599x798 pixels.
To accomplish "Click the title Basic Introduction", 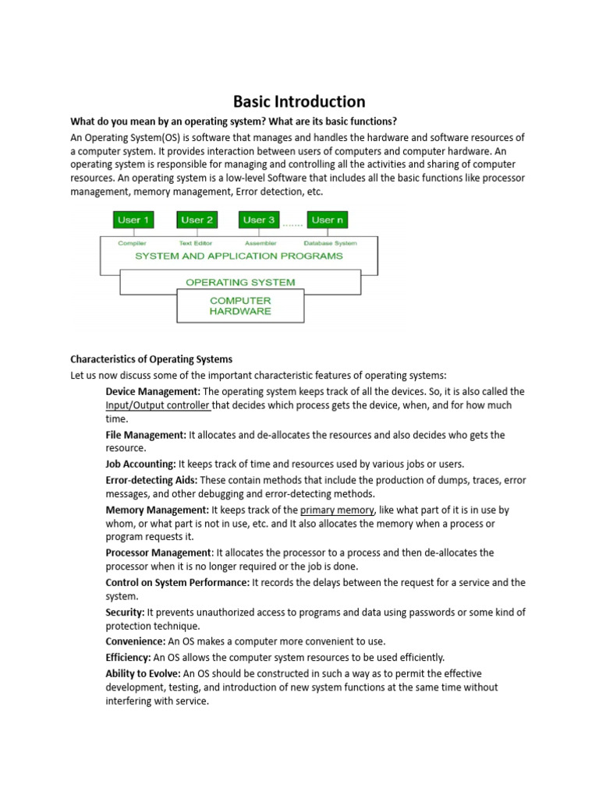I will [x=299, y=101].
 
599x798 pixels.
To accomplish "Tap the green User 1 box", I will [x=133, y=220].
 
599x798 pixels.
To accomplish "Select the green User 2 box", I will [x=197, y=220].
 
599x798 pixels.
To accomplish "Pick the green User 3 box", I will [x=259, y=220].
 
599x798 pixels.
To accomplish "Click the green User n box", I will [x=327, y=220].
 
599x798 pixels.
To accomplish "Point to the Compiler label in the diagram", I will [x=132, y=243].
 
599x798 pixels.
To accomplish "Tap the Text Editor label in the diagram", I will [x=195, y=243].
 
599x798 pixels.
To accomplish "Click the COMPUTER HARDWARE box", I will [x=240, y=305].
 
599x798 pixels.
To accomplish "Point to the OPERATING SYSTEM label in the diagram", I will [x=240, y=281].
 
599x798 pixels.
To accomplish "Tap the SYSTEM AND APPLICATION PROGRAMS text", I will [x=239, y=256].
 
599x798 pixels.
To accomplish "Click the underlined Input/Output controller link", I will [x=158, y=405].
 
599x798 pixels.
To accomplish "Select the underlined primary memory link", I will [x=337, y=510].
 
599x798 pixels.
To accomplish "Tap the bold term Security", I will [x=125, y=613].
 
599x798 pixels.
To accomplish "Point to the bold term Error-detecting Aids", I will [x=151, y=479].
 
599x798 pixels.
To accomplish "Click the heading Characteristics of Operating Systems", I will [x=151, y=359].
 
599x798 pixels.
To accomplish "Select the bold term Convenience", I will [x=136, y=641].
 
